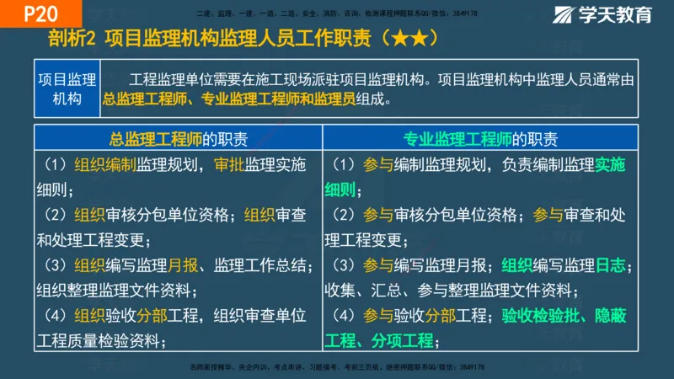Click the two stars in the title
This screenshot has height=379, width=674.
point(414,40)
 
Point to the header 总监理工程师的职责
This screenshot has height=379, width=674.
point(179,139)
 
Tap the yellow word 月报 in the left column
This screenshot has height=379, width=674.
point(183,265)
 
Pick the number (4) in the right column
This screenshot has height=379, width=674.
point(345,316)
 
